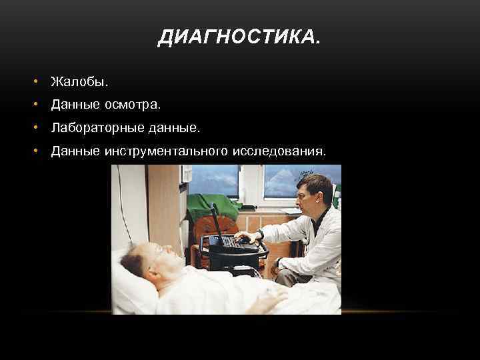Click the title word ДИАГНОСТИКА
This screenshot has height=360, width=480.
(239, 39)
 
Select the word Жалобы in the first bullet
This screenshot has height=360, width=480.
(79, 82)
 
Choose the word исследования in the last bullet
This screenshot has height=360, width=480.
(279, 151)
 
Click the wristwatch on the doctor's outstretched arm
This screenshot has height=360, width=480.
(261, 234)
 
